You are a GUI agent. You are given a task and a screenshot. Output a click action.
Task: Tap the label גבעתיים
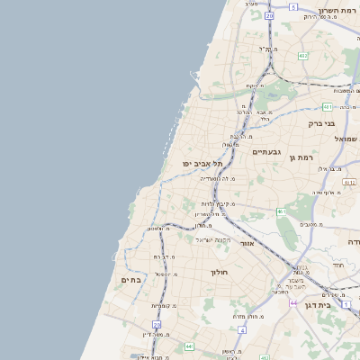[x=267, y=152]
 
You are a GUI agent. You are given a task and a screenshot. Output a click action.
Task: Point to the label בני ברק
[x=321, y=123]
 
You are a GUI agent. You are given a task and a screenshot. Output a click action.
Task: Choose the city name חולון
[x=220, y=272]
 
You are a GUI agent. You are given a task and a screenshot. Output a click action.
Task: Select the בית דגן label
[x=338, y=307]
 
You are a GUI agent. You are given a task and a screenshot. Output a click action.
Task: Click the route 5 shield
[x=293, y=6]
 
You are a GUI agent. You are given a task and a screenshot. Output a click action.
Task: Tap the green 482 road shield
[x=303, y=56]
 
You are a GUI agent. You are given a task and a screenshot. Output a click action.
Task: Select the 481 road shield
[x=326, y=106]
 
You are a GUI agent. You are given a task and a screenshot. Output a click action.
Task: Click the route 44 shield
[x=294, y=303]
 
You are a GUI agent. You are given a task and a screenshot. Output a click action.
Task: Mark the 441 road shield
[x=189, y=346]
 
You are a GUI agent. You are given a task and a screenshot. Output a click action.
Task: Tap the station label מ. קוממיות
[x=163, y=306]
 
